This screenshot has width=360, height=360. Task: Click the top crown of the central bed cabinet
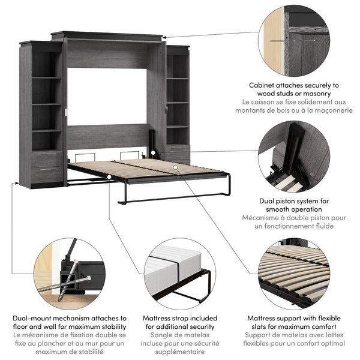(x=107, y=35)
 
